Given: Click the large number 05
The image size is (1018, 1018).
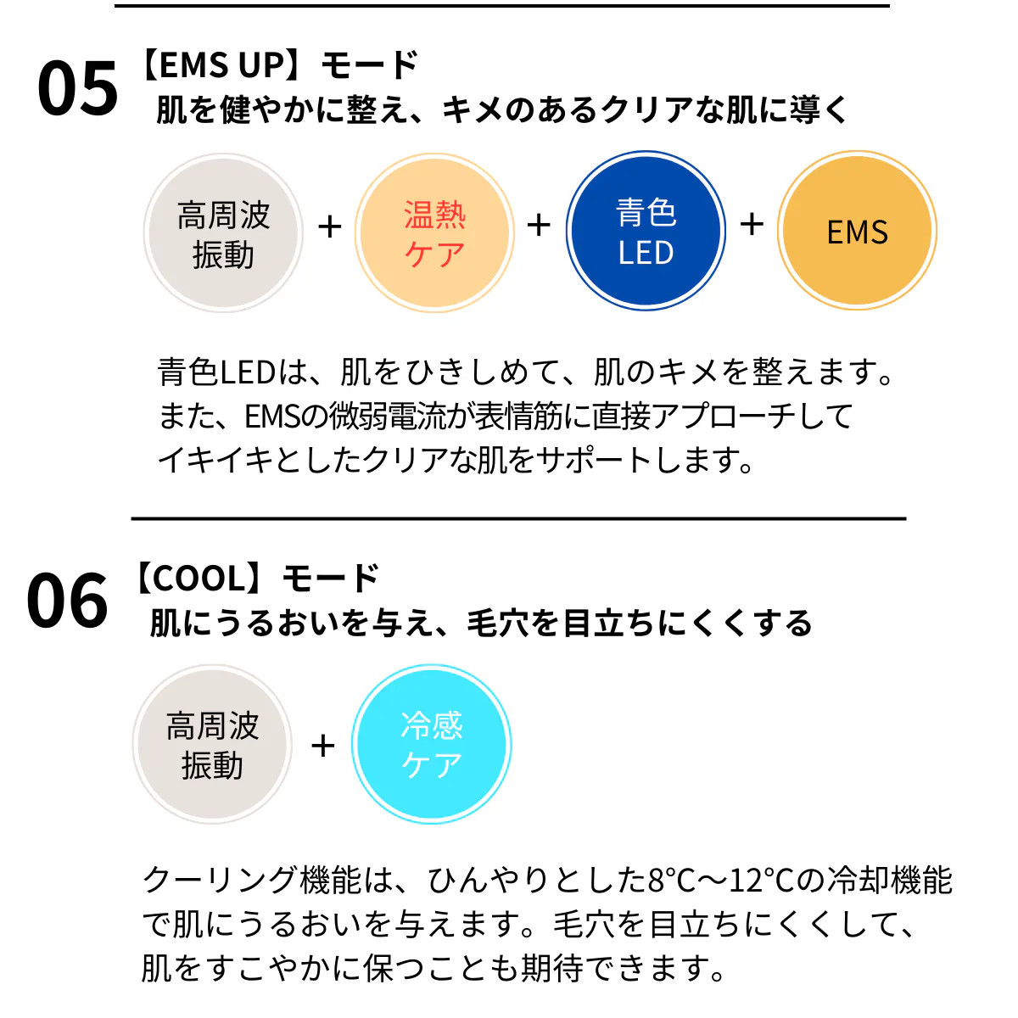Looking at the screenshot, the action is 78,87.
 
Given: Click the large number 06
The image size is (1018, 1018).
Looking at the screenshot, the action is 67,600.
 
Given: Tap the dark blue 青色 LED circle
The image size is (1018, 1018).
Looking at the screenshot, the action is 646,231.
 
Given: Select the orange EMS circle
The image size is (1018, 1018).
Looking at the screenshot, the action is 857,231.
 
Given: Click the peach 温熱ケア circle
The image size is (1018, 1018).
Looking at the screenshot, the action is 434,233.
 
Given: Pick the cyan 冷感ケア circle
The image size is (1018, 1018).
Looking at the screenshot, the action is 432,744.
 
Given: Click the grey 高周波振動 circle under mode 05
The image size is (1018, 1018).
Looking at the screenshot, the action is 223,233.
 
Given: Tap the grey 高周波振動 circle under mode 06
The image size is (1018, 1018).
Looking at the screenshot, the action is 212,744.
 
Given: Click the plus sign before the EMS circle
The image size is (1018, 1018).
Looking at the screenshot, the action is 752,225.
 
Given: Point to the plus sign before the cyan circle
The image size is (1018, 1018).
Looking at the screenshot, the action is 322,746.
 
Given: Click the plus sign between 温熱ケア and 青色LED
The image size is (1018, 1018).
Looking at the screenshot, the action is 539,226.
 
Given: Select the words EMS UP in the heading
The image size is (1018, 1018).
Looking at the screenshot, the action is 222,65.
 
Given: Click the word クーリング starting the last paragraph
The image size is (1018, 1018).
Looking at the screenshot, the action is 220,881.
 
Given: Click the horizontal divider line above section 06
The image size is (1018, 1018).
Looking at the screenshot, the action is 519,519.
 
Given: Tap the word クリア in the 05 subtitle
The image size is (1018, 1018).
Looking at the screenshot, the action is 647,110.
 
